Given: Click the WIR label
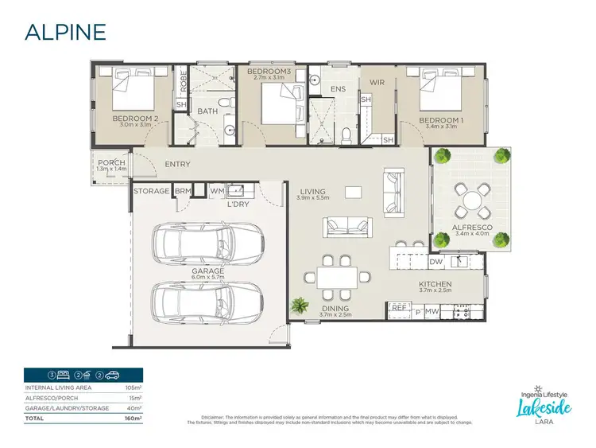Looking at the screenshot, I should coord(376,82).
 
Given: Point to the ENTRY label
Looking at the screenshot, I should coord(176,165).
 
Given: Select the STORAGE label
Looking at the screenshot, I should coord(151,191).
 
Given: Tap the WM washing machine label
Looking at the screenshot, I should coord(216,191).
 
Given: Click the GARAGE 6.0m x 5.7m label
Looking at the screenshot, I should coord(207,271).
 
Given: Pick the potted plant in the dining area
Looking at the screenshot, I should coord(300,305).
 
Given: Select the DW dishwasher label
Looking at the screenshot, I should coord(435,261).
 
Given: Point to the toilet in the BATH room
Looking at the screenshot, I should coord(224,104).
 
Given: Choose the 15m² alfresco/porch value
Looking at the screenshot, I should coord(134,397).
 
